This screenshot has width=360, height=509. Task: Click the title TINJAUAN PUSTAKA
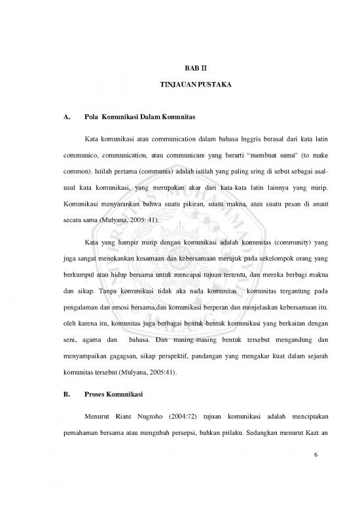coord(180,86)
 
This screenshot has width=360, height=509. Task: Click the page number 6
coord(315,474)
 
